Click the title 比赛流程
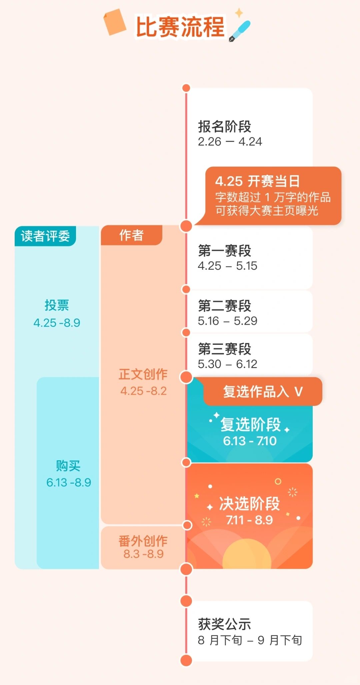180,27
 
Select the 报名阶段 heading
224,127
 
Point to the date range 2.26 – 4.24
230,142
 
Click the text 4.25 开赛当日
257,181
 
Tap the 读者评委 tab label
45,236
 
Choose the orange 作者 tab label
131,235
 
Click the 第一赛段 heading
224,251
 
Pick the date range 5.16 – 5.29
227,321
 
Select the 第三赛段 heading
224,349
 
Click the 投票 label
57,305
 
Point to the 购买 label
68,466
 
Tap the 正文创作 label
143,374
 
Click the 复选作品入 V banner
263,392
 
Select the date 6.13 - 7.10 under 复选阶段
250,441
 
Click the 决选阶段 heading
249,504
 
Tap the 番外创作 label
143,541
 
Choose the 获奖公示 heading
224,624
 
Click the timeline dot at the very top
186,88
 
